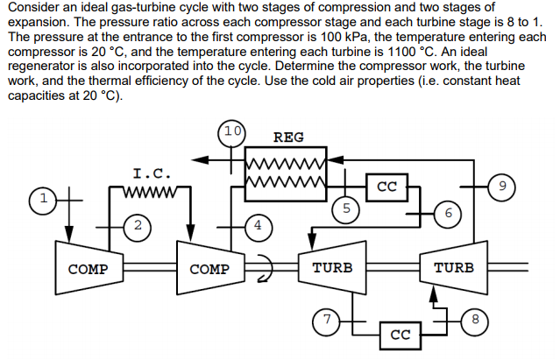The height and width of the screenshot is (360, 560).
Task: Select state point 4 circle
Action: click(x=257, y=225)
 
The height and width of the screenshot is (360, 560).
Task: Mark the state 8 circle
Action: click(x=474, y=321)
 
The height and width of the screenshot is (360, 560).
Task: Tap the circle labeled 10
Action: click(x=231, y=132)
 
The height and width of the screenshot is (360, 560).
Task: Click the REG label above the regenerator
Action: click(x=288, y=138)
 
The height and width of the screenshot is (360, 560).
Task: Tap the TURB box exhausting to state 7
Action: click(x=332, y=267)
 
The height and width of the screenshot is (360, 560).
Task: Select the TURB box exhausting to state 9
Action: click(x=454, y=267)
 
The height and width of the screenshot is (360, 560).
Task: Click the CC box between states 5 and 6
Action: click(x=388, y=187)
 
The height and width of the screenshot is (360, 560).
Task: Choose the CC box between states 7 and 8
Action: click(x=400, y=335)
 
